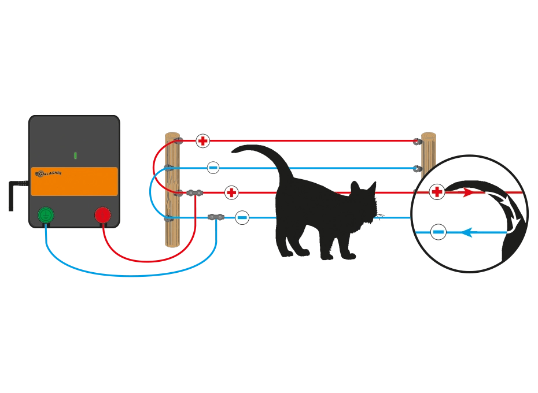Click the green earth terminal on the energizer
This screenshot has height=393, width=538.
[46, 216]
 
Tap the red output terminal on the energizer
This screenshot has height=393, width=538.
[102, 215]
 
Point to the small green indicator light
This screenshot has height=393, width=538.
[75, 155]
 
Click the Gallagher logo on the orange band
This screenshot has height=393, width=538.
[49, 173]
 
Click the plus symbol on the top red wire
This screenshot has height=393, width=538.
[202, 140]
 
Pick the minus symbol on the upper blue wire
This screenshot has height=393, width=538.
[213, 168]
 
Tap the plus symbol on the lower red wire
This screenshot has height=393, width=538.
[231, 192]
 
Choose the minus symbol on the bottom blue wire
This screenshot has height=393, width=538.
[242, 218]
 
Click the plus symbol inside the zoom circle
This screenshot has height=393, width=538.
[437, 192]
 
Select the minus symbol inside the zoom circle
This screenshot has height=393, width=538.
[438, 233]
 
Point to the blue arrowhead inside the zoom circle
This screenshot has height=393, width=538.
[467, 233]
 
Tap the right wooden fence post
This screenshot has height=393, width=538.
[429, 153]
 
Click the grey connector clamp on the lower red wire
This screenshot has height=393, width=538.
[193, 192]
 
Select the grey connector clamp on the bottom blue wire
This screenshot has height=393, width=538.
[216, 217]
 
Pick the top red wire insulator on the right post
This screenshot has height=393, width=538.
[417, 140]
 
